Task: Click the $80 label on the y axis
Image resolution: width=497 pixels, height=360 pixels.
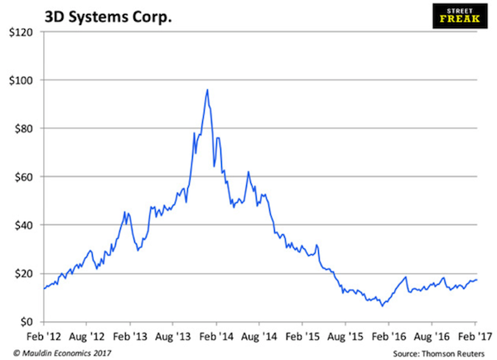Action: [x=22, y=128]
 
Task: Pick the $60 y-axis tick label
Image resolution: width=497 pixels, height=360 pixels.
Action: [x=22, y=177]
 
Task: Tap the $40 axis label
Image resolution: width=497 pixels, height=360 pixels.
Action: [x=22, y=225]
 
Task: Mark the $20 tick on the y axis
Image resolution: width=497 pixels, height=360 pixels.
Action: [x=22, y=273]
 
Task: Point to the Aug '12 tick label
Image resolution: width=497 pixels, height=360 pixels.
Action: [x=86, y=338]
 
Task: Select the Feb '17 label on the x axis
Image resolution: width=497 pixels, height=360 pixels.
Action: [x=476, y=338]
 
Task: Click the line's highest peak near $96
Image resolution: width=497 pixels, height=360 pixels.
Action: [x=207, y=89]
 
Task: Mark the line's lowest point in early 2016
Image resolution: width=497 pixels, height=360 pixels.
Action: [x=383, y=306]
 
